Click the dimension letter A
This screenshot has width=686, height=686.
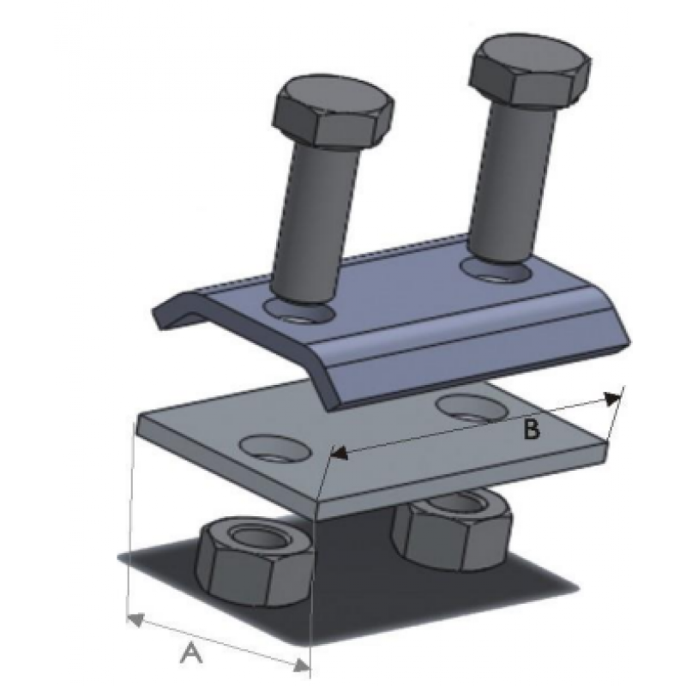pos(191,653)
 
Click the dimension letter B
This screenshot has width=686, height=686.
pos(532,430)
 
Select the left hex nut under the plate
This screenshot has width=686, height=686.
pos(255,563)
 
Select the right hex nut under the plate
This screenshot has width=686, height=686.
pos(452,528)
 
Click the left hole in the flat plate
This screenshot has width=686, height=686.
pos(275,448)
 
